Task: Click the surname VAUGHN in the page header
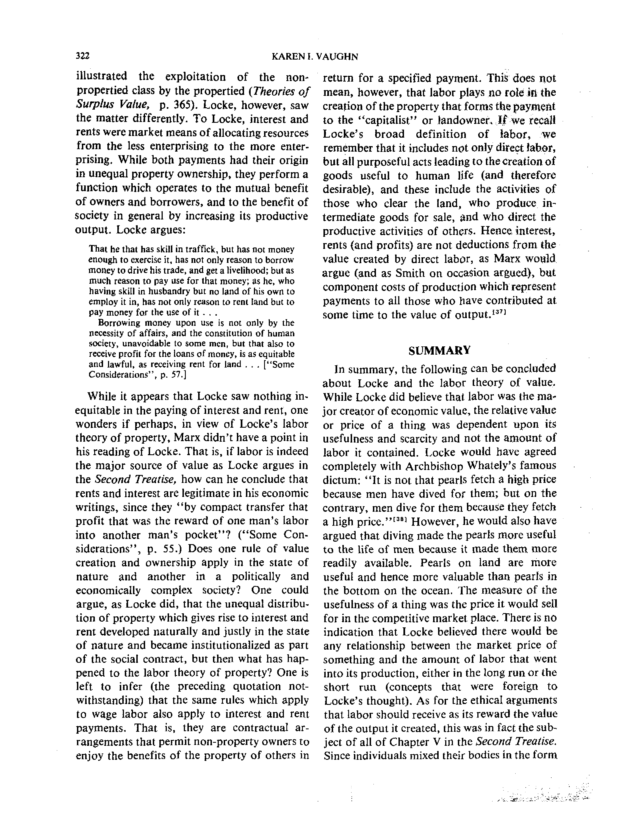pyautogui.click(x=337, y=57)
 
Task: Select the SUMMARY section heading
pyautogui.click(x=439, y=351)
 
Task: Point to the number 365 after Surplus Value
pyautogui.click(x=185, y=105)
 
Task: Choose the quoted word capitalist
pyautogui.click(x=384, y=120)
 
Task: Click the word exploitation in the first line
pyautogui.click(x=196, y=77)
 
